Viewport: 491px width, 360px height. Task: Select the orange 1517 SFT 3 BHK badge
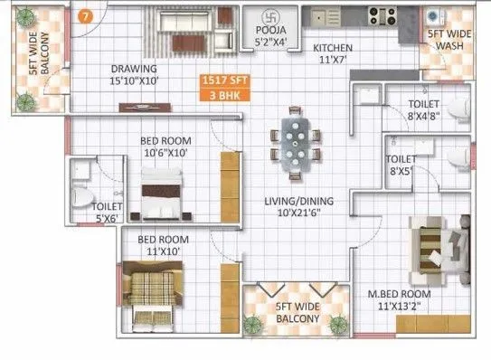pos(224,88)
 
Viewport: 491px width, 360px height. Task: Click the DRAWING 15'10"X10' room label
pos(135,74)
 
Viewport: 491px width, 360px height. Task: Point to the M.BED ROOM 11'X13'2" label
pos(399,300)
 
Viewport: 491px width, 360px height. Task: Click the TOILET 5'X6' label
pos(108,212)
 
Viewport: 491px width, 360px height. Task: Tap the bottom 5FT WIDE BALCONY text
pos(297,313)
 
